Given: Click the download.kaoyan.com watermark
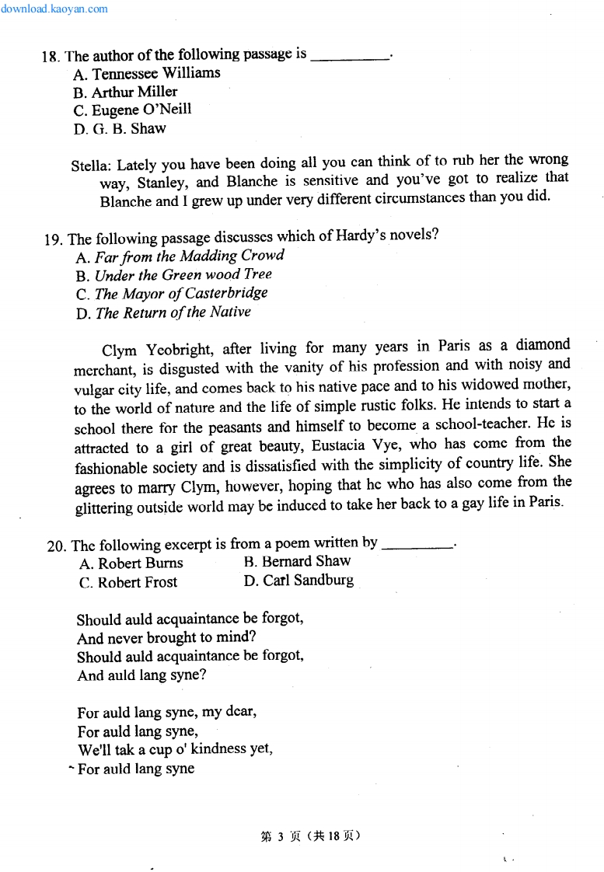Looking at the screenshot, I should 54,9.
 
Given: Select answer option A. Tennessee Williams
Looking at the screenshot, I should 147,74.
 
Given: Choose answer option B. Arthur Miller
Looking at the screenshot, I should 125,92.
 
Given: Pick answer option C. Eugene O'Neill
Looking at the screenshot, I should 132,110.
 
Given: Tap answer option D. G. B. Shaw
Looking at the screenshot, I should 120,129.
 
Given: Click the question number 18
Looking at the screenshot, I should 51,57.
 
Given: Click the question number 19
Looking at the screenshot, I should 54,239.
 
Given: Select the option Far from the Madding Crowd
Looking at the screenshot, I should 180,256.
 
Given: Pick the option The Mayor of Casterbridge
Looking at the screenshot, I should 172,294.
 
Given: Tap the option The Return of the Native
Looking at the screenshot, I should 164,312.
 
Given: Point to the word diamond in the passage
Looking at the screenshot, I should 543,344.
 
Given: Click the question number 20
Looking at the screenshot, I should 57,546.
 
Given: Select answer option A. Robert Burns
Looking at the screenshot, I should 131,563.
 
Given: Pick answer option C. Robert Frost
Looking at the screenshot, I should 128,582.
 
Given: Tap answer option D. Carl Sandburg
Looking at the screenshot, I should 299,581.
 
